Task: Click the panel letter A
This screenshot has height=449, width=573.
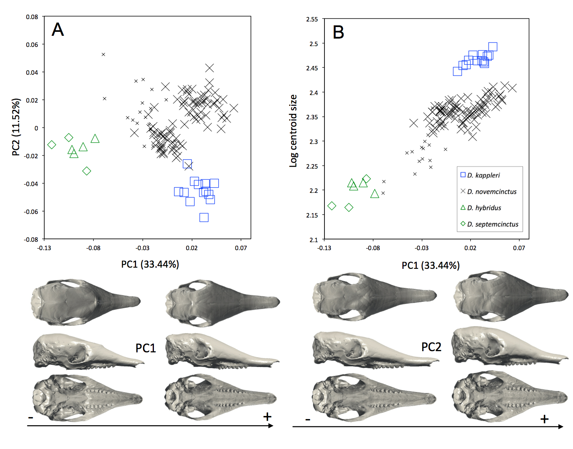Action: (58, 30)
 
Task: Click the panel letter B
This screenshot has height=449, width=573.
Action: (338, 32)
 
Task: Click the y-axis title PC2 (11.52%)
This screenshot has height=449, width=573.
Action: (16, 127)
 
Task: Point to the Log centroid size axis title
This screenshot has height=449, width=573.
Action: (293, 130)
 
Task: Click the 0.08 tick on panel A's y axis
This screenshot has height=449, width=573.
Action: (32, 17)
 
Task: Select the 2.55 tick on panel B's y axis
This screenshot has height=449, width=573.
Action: (312, 19)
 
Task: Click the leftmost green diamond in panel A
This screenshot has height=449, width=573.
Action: (52, 145)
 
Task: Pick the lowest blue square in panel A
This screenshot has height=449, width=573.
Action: (204, 218)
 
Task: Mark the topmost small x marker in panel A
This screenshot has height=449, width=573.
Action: (103, 54)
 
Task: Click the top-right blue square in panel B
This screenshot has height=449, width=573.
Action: (493, 47)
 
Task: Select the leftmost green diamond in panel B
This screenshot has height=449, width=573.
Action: (332, 206)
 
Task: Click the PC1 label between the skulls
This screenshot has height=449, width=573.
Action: (146, 348)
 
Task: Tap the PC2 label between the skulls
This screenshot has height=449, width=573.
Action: (431, 347)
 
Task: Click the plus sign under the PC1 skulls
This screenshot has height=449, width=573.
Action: (267, 417)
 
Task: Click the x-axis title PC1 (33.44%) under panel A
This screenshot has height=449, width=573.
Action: (150, 264)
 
